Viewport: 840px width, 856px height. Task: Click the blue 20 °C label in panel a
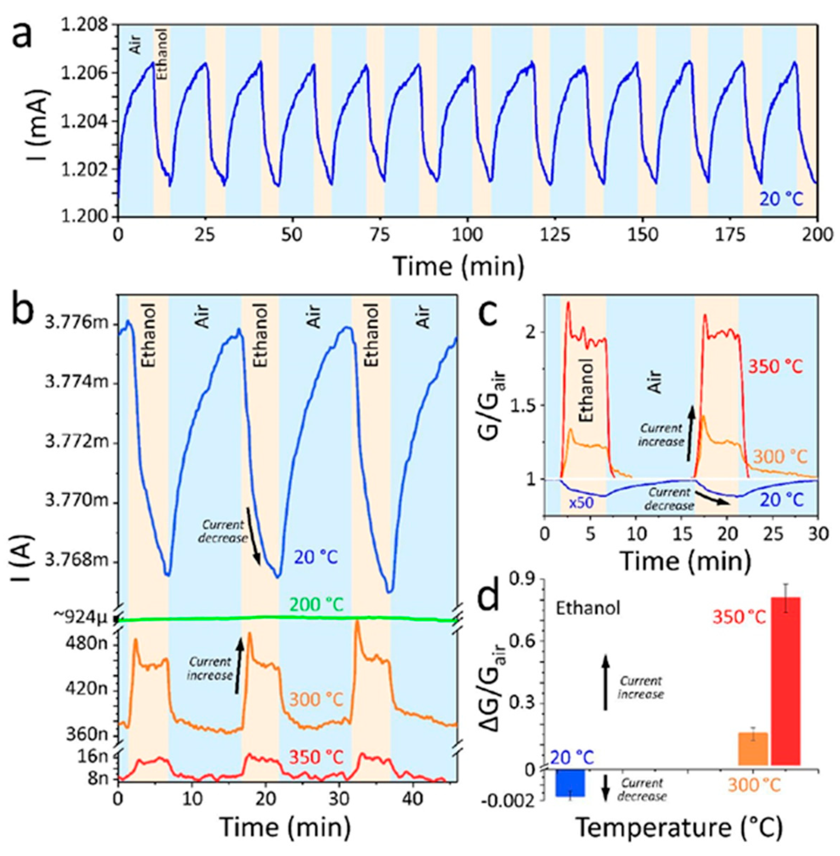point(781,200)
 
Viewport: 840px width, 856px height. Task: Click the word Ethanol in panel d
point(588,608)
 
